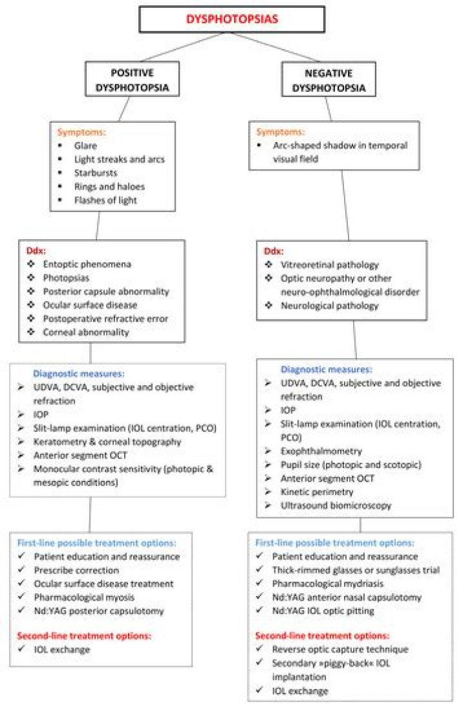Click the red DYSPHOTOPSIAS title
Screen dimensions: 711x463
click(232, 19)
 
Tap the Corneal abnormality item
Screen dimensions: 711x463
click(84, 332)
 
